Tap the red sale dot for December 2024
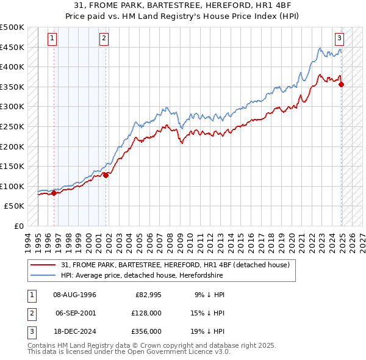pos(341,84)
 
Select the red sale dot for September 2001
pos(106,175)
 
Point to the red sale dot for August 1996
pos(54,193)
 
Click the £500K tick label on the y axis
pos(12,27)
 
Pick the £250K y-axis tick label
pos(12,126)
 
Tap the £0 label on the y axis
pos(18,226)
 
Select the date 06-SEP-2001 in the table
pos(76,313)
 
